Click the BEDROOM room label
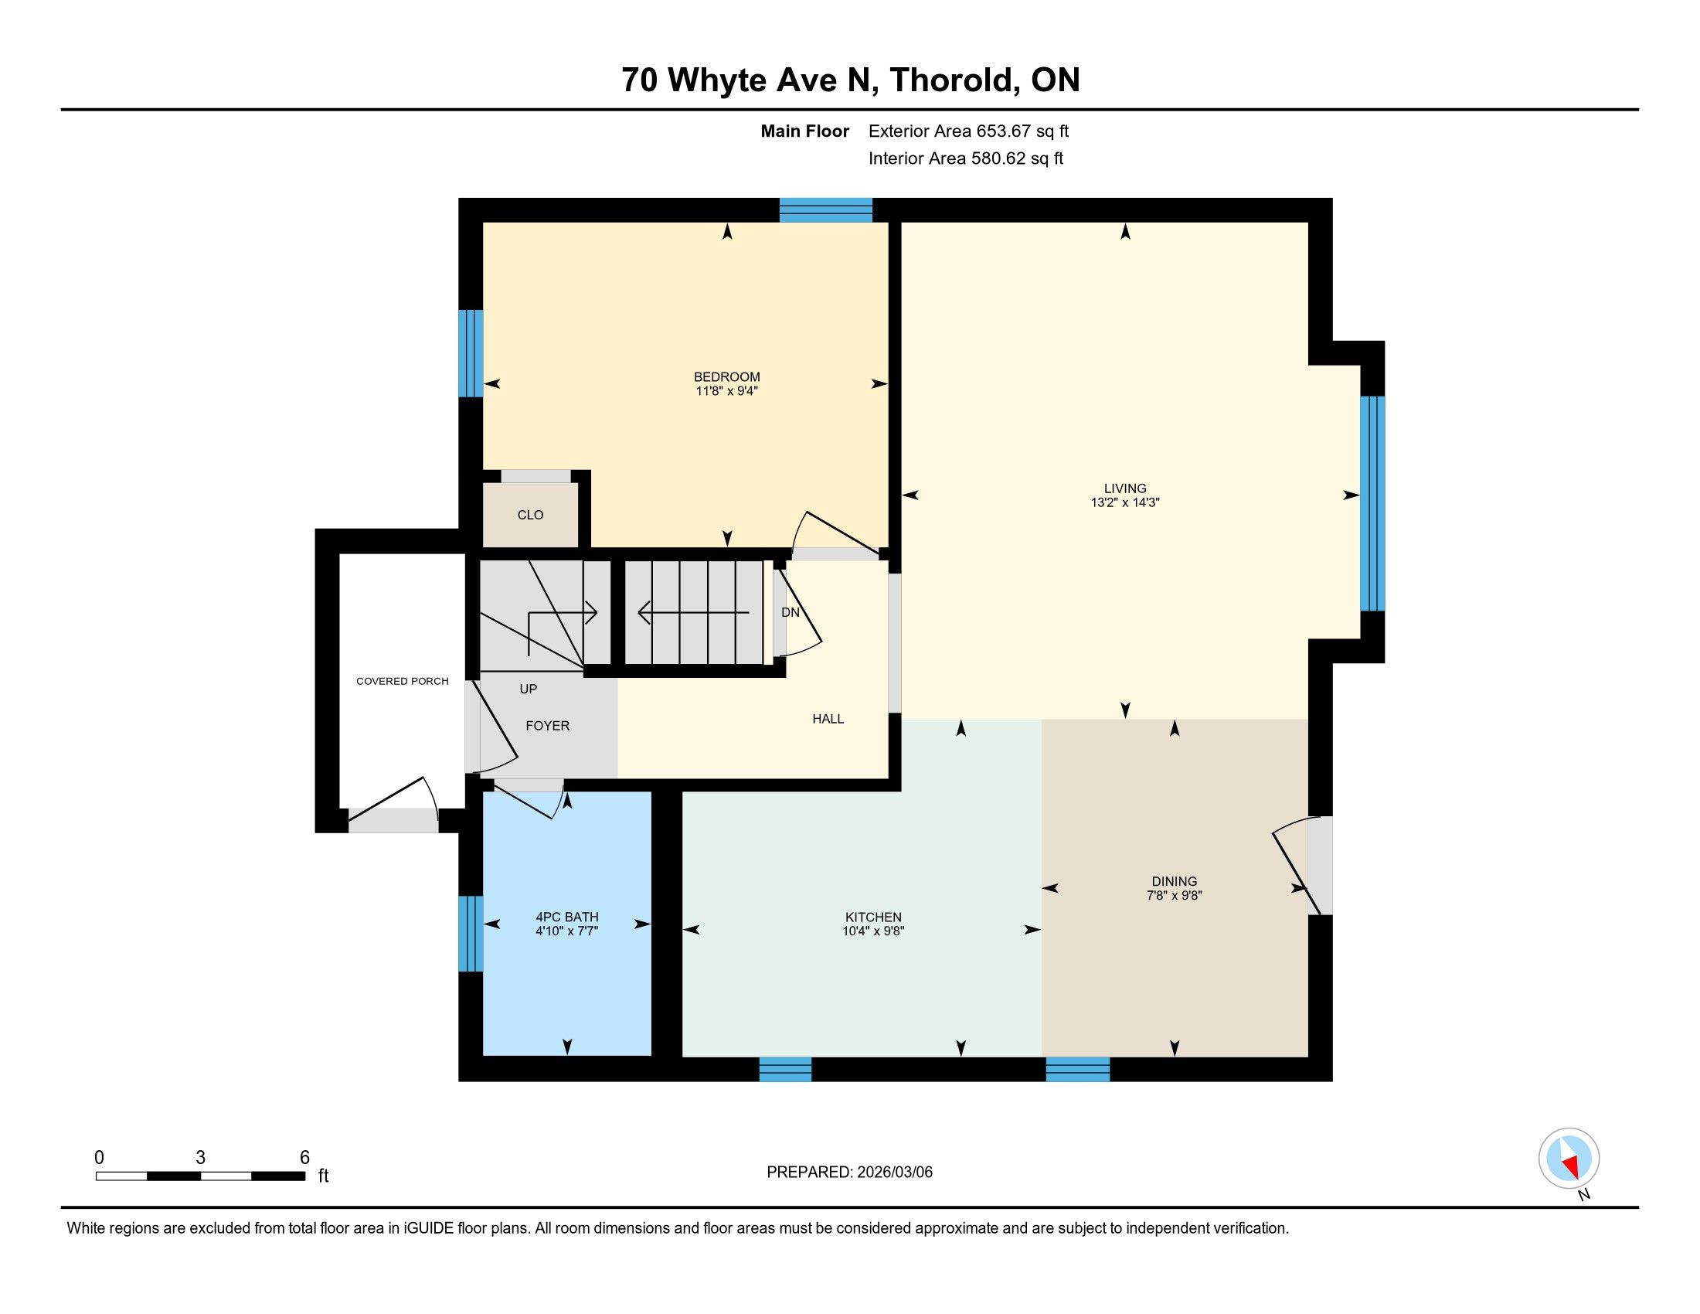click(x=726, y=376)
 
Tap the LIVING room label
click(x=1125, y=488)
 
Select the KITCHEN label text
click(x=873, y=917)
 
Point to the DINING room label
click(x=1175, y=882)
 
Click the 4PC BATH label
click(x=567, y=917)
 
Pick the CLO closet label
click(x=530, y=516)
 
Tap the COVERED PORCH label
click(x=403, y=681)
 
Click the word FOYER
click(x=547, y=726)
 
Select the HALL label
click(x=828, y=720)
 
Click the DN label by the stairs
click(x=790, y=613)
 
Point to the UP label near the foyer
click(x=529, y=689)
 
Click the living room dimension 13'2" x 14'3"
click(x=1126, y=503)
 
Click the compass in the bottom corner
click(x=1569, y=1159)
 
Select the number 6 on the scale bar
click(x=304, y=1157)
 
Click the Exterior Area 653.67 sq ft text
click(x=968, y=131)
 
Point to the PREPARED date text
click(x=849, y=1173)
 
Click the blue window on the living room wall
click(x=1372, y=504)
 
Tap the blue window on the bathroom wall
click(x=470, y=934)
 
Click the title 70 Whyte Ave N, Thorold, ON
click(x=851, y=80)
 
